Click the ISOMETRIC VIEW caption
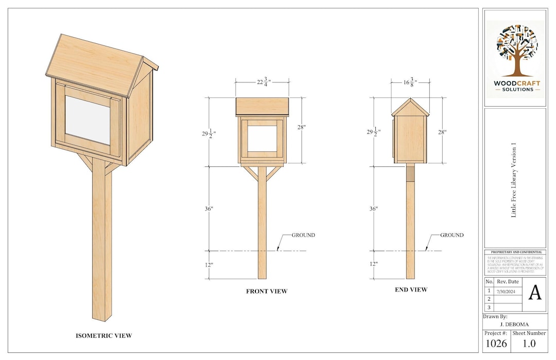click(x=103, y=336)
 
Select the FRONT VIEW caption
click(x=266, y=292)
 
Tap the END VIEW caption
click(x=411, y=289)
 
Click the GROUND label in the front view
click(x=303, y=235)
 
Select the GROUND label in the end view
click(x=451, y=235)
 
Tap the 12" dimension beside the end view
click(x=373, y=264)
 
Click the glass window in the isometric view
click(x=88, y=120)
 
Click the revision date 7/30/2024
click(x=508, y=291)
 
